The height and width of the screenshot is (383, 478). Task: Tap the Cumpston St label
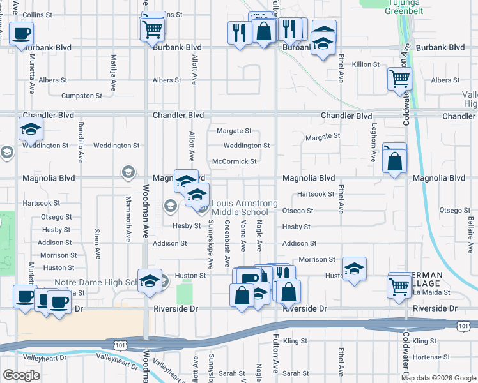pyautogui.click(x=82, y=96)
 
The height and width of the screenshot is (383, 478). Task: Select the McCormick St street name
pyautogui.click(x=235, y=161)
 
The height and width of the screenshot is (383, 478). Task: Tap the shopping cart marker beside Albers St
pyautogui.click(x=400, y=79)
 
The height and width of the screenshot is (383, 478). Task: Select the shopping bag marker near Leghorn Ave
pyautogui.click(x=396, y=163)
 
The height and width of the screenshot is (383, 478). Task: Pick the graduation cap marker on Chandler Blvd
pyautogui.click(x=31, y=129)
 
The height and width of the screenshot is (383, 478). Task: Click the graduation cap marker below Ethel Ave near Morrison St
pyautogui.click(x=353, y=268)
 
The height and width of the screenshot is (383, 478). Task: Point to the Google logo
pyautogui.click(x=22, y=375)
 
